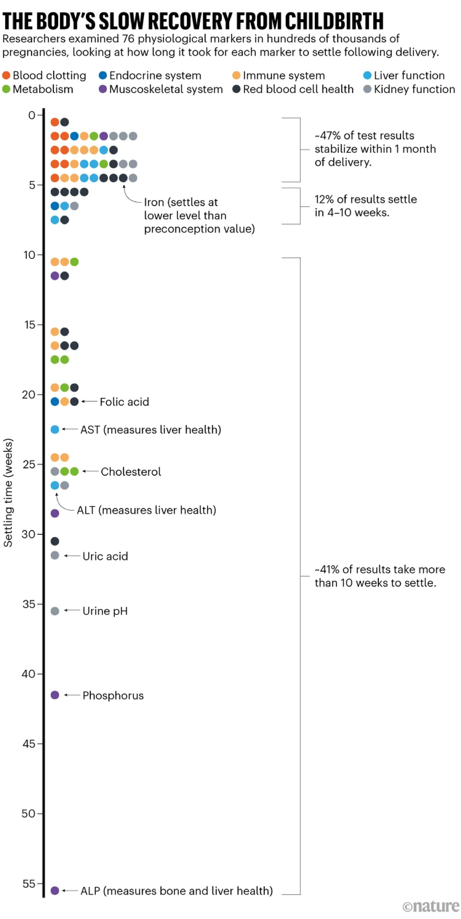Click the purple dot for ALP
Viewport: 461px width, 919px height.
tap(55, 890)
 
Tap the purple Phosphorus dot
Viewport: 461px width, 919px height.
tap(55, 695)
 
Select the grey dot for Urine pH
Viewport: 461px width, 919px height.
tap(55, 611)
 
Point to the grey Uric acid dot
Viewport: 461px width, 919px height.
tap(55, 555)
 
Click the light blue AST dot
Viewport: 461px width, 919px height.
tap(55, 430)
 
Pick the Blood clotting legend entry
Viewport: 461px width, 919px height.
tap(44, 75)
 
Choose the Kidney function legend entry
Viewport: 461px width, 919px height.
tap(409, 89)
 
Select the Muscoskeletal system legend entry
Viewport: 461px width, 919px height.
tap(161, 89)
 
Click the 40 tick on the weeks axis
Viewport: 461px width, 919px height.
tap(29, 674)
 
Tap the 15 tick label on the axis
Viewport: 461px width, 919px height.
tap(30, 325)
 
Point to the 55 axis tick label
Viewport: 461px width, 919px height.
tap(29, 883)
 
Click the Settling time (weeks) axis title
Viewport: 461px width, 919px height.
tap(8, 492)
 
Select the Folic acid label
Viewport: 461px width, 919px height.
tap(124, 402)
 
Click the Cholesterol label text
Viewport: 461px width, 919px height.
tap(131, 471)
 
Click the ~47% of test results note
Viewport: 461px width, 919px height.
tap(374, 149)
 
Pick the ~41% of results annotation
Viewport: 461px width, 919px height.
tap(379, 576)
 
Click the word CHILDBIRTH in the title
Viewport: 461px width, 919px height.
tap(334, 21)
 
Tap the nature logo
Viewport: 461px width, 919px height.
tap(431, 907)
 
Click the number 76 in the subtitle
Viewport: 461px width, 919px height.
tap(128, 39)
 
